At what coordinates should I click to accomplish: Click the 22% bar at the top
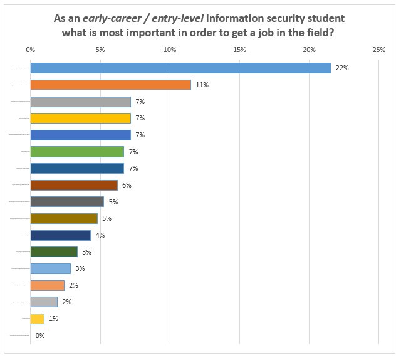[180, 68]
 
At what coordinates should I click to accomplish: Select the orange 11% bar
[110, 85]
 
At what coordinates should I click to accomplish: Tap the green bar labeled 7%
[77, 152]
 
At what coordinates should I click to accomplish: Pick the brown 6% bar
[74, 185]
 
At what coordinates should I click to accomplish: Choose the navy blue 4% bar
[60, 235]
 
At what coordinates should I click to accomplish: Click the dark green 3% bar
[54, 252]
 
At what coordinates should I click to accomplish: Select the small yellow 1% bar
[37, 319]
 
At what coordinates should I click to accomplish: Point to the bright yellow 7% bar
[80, 118]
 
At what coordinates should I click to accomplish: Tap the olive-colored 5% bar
[64, 218]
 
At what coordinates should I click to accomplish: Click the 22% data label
[342, 68]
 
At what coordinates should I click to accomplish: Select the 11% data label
[202, 85]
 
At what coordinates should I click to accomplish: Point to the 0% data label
[40, 336]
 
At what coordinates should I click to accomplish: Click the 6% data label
[127, 185]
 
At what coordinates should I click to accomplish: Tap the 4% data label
[100, 235]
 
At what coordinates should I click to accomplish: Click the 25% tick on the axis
[378, 50]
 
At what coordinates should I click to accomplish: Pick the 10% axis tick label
[169, 50]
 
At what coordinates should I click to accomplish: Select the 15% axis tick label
[239, 50]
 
